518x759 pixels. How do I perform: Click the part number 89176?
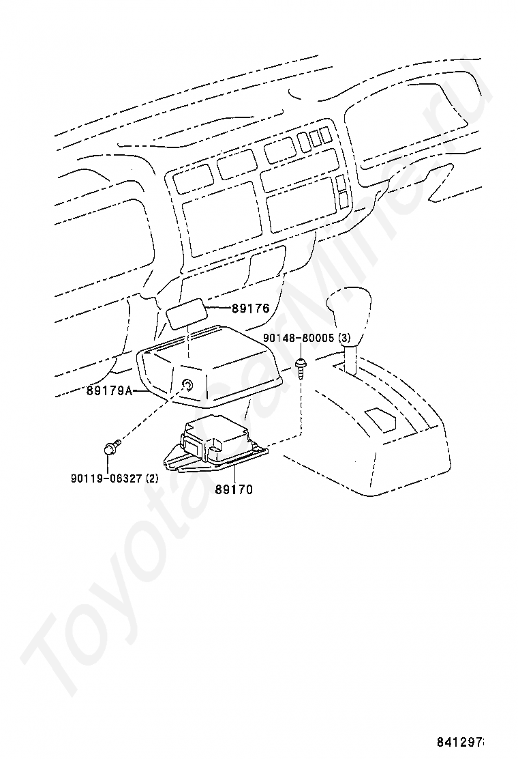click(x=250, y=309)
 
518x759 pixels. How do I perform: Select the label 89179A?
click(x=109, y=391)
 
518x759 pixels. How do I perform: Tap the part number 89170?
click(x=234, y=489)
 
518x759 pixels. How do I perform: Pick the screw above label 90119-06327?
click(x=110, y=448)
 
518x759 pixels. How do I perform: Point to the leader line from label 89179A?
click(x=139, y=391)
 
